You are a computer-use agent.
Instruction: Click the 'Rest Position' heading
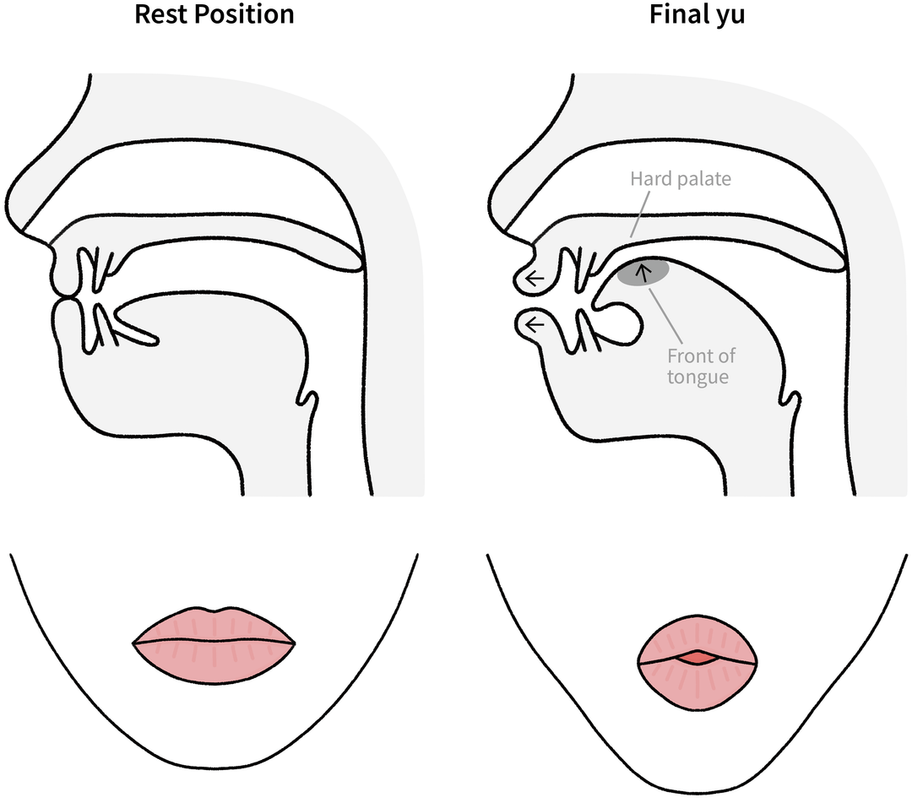click(x=214, y=14)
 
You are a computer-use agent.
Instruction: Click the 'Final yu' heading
click(x=697, y=15)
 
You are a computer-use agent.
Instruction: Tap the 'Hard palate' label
click(x=681, y=178)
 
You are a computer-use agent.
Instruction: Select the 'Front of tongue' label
click(x=701, y=366)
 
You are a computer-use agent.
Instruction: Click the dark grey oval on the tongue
click(x=643, y=272)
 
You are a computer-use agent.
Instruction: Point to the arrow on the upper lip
click(x=534, y=279)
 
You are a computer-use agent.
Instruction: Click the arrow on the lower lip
click(x=534, y=323)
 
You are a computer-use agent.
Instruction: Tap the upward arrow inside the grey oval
click(x=643, y=273)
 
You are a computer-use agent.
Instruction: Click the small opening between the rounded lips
click(x=698, y=658)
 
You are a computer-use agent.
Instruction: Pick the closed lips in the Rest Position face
click(x=214, y=642)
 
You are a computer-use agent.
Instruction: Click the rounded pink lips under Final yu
click(x=698, y=662)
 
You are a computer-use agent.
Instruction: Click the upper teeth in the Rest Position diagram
click(x=96, y=269)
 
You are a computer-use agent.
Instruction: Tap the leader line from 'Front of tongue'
click(x=665, y=314)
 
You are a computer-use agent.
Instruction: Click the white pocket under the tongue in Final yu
click(x=622, y=323)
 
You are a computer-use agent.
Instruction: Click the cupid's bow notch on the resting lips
click(x=214, y=611)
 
